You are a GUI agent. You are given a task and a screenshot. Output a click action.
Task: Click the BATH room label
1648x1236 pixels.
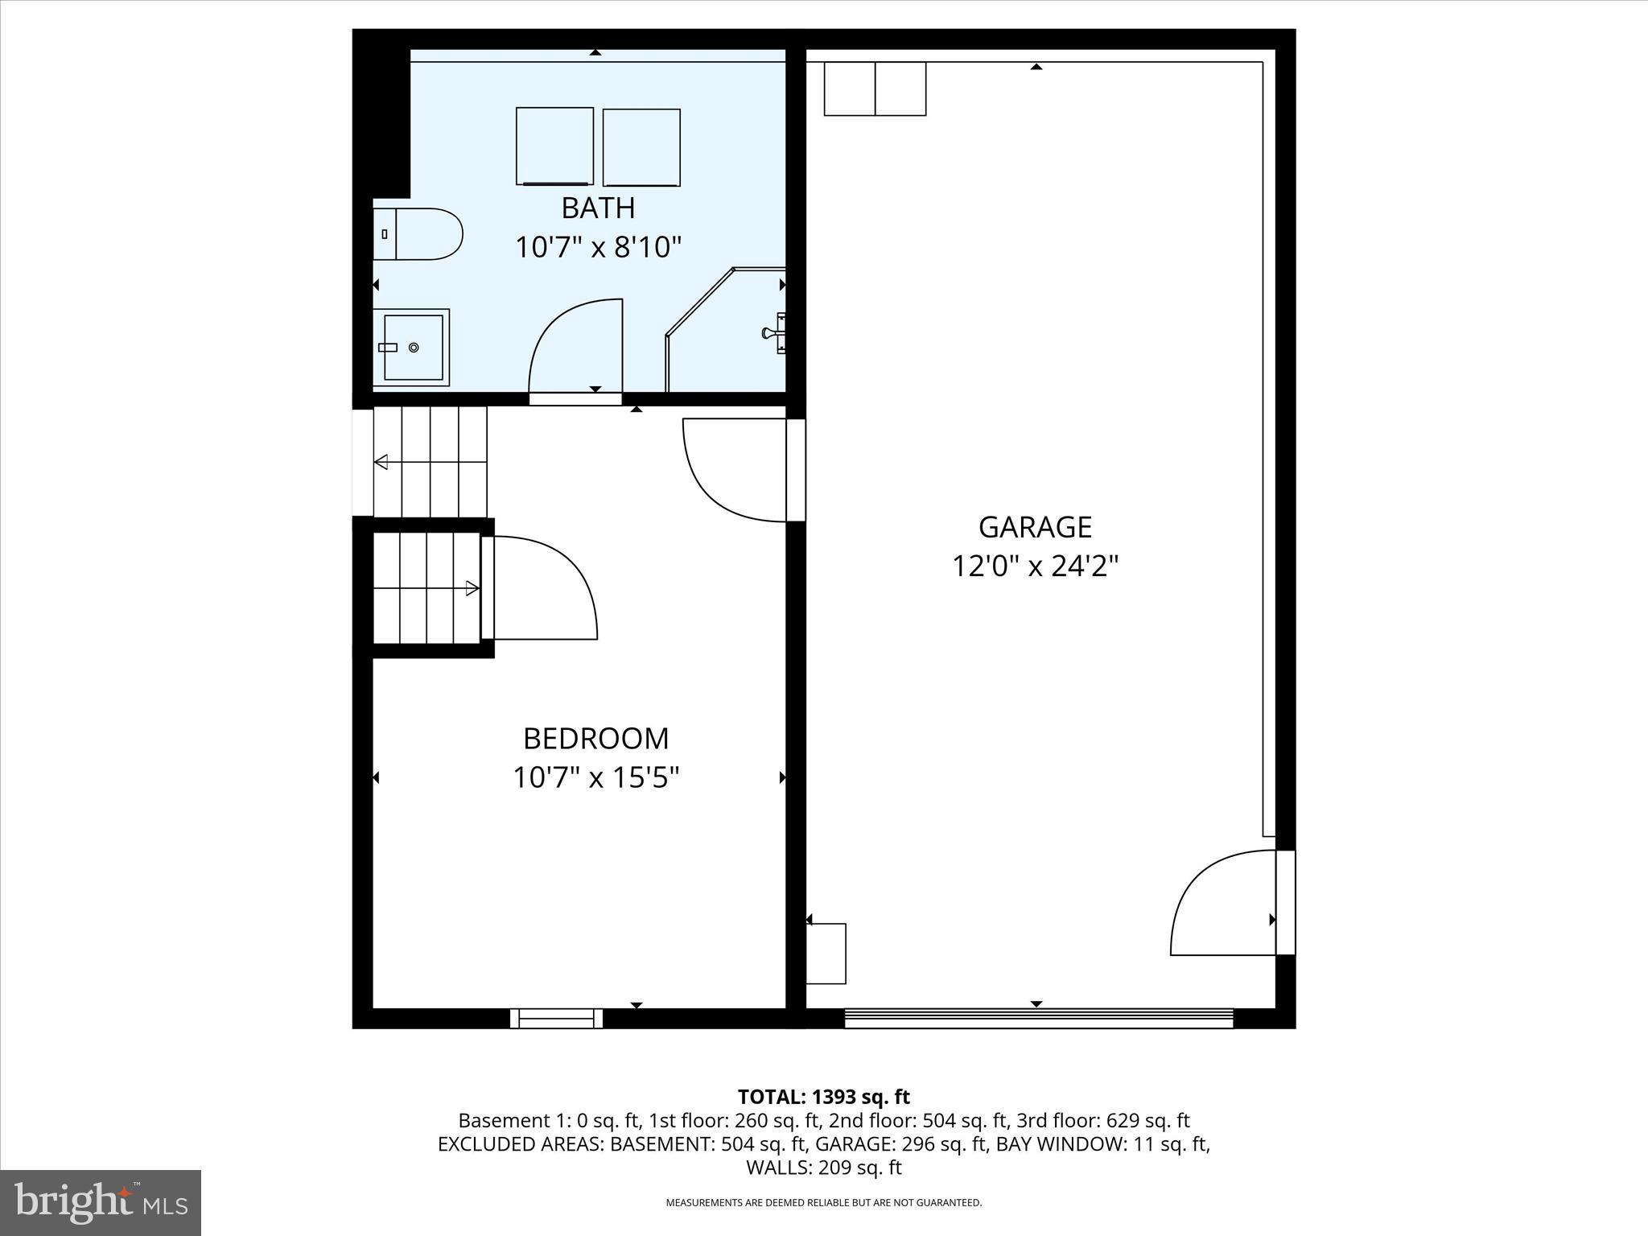598,208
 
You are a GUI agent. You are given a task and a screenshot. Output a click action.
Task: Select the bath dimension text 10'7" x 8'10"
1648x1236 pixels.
598,247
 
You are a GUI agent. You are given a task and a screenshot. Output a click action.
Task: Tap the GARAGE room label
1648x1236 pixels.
1035,527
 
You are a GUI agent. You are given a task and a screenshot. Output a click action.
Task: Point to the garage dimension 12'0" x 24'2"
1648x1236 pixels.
1035,566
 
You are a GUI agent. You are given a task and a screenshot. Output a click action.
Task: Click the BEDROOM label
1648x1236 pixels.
595,739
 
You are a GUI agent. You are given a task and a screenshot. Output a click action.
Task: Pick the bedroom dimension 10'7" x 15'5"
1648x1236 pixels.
595,778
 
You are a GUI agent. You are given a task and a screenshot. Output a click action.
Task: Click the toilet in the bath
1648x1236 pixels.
418,234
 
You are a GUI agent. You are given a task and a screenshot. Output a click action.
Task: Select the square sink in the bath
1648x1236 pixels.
412,347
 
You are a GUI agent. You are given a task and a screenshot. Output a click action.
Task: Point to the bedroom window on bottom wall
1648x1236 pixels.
556,1018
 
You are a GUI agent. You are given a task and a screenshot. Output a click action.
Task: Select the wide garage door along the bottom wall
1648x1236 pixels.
1038,1019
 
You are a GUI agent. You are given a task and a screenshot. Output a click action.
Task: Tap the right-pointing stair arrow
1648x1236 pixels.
472,589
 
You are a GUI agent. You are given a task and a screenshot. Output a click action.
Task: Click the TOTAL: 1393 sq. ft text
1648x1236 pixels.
823,1097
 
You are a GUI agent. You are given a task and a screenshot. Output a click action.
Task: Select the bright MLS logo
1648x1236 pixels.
101,1203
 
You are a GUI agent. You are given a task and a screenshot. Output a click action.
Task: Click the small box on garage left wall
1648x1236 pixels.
826,954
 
